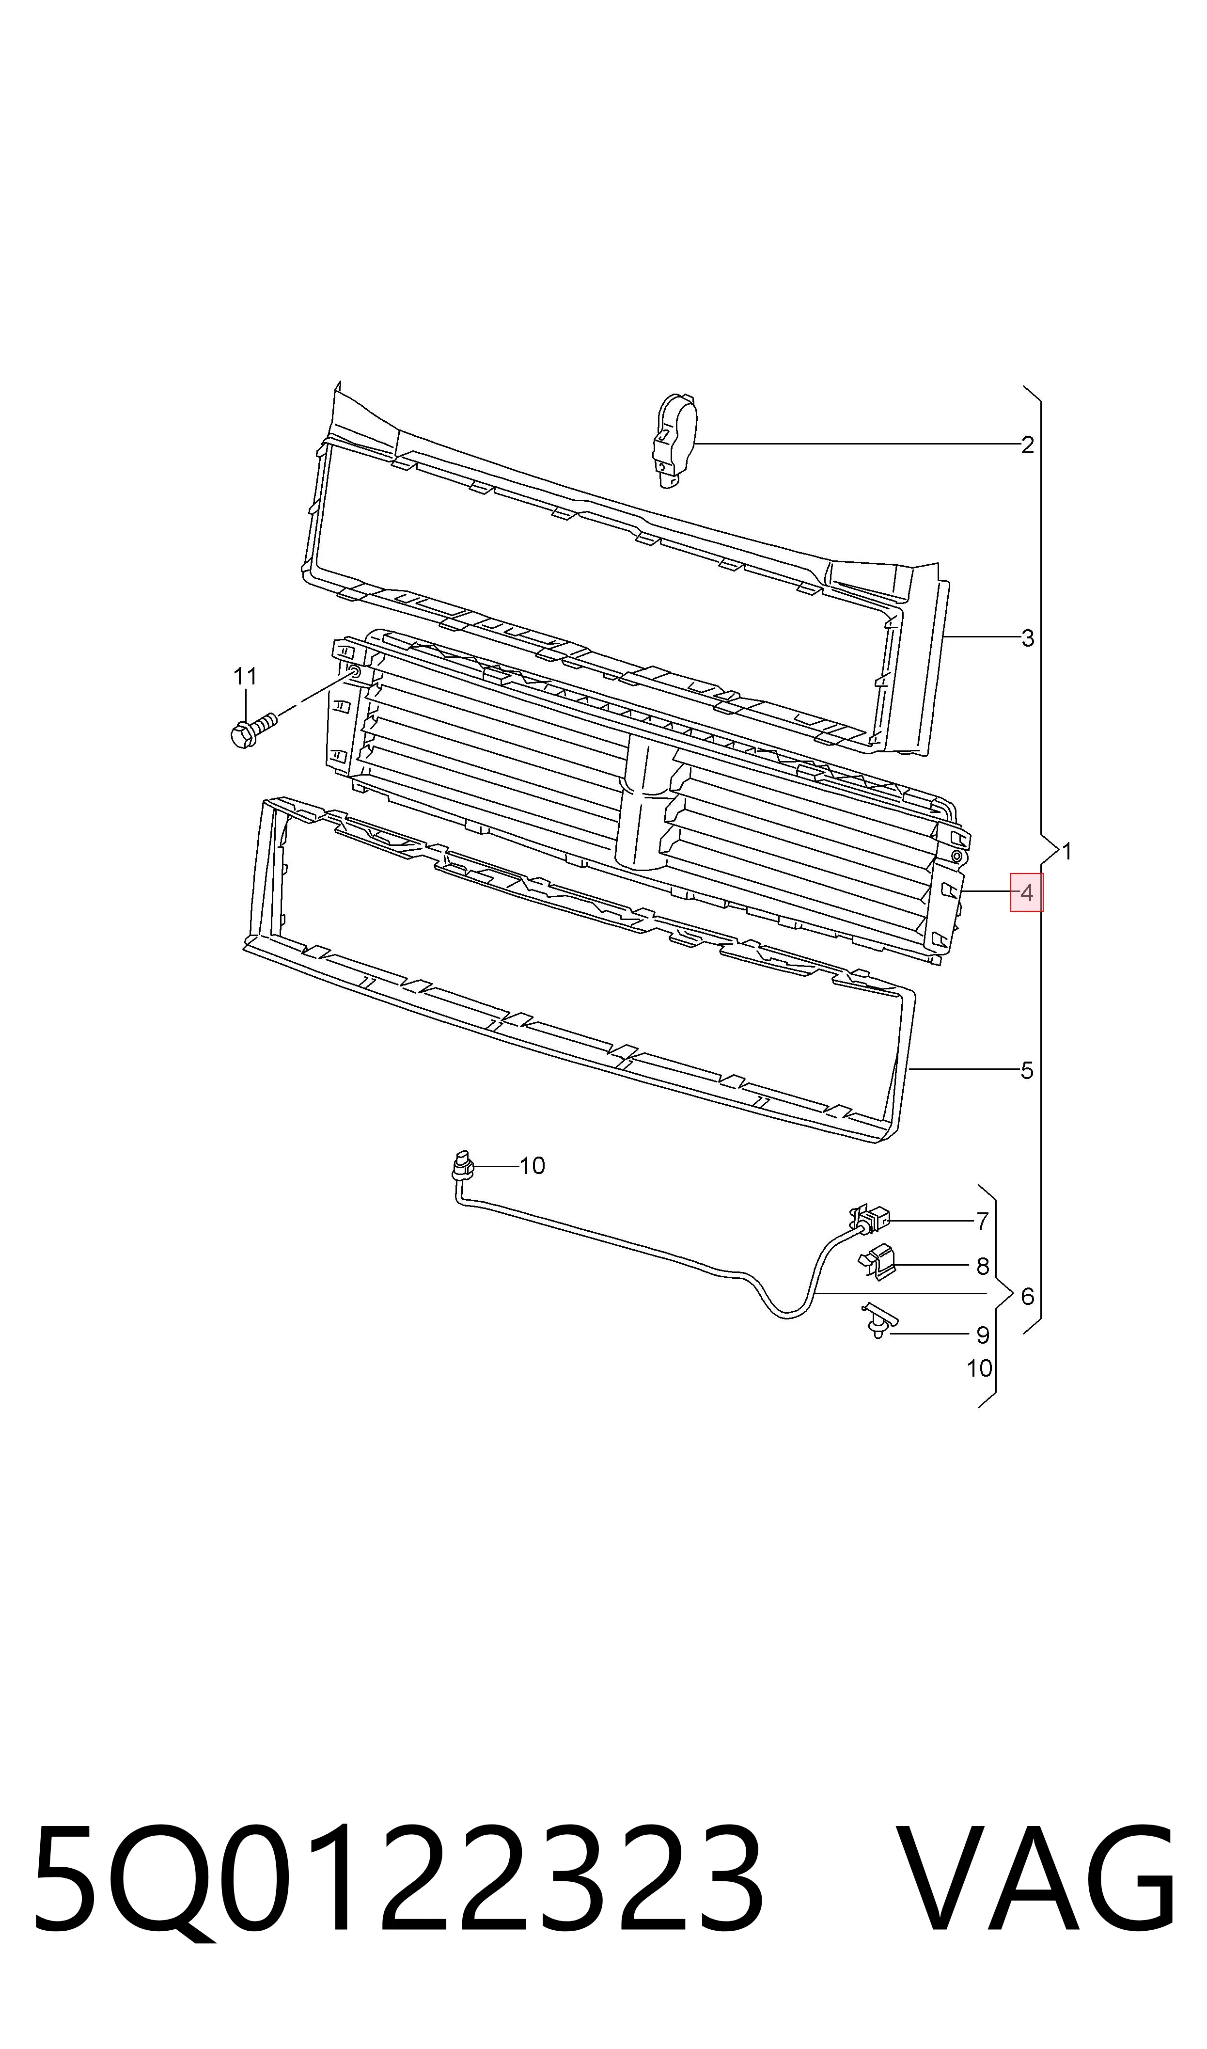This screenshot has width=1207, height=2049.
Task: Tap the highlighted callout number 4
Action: pyautogui.click(x=1026, y=892)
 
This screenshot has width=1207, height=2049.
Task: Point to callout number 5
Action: pyautogui.click(x=1027, y=1071)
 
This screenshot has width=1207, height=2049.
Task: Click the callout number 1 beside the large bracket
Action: pyautogui.click(x=1067, y=852)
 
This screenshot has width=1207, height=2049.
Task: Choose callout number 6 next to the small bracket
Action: pyautogui.click(x=1027, y=1296)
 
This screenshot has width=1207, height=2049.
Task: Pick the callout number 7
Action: pyautogui.click(x=983, y=1221)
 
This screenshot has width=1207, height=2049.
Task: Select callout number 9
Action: pyautogui.click(x=983, y=1335)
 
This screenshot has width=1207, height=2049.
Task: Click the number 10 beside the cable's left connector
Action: pyautogui.click(x=532, y=1166)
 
